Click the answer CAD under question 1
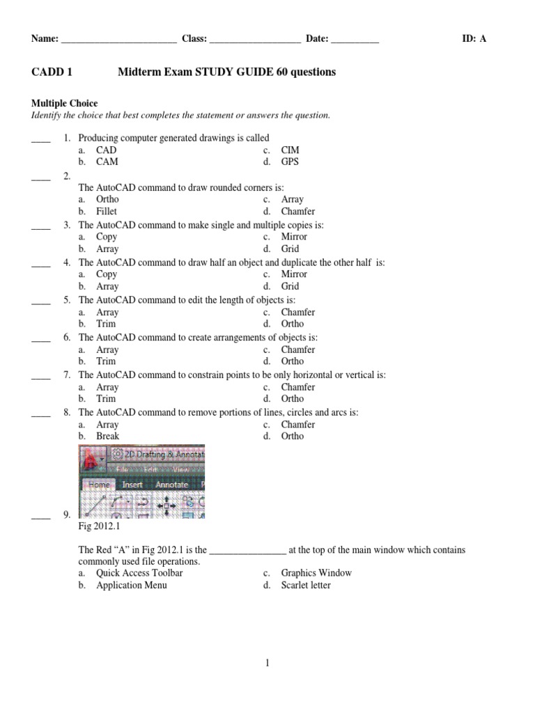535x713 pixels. coord(107,150)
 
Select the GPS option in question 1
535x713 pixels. coord(290,162)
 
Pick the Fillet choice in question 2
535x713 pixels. coord(107,211)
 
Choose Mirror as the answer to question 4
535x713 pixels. coord(294,274)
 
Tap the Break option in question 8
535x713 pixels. coord(108,436)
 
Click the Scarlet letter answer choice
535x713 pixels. coord(306,585)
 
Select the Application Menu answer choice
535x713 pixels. coord(132,585)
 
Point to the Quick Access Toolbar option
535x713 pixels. coord(139,572)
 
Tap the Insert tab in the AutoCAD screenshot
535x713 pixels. coord(132,485)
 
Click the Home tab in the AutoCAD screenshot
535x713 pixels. coord(99,485)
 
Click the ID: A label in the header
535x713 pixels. coord(474,39)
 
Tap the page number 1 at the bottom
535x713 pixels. coord(267,664)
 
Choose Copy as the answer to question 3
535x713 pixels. coord(107,237)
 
